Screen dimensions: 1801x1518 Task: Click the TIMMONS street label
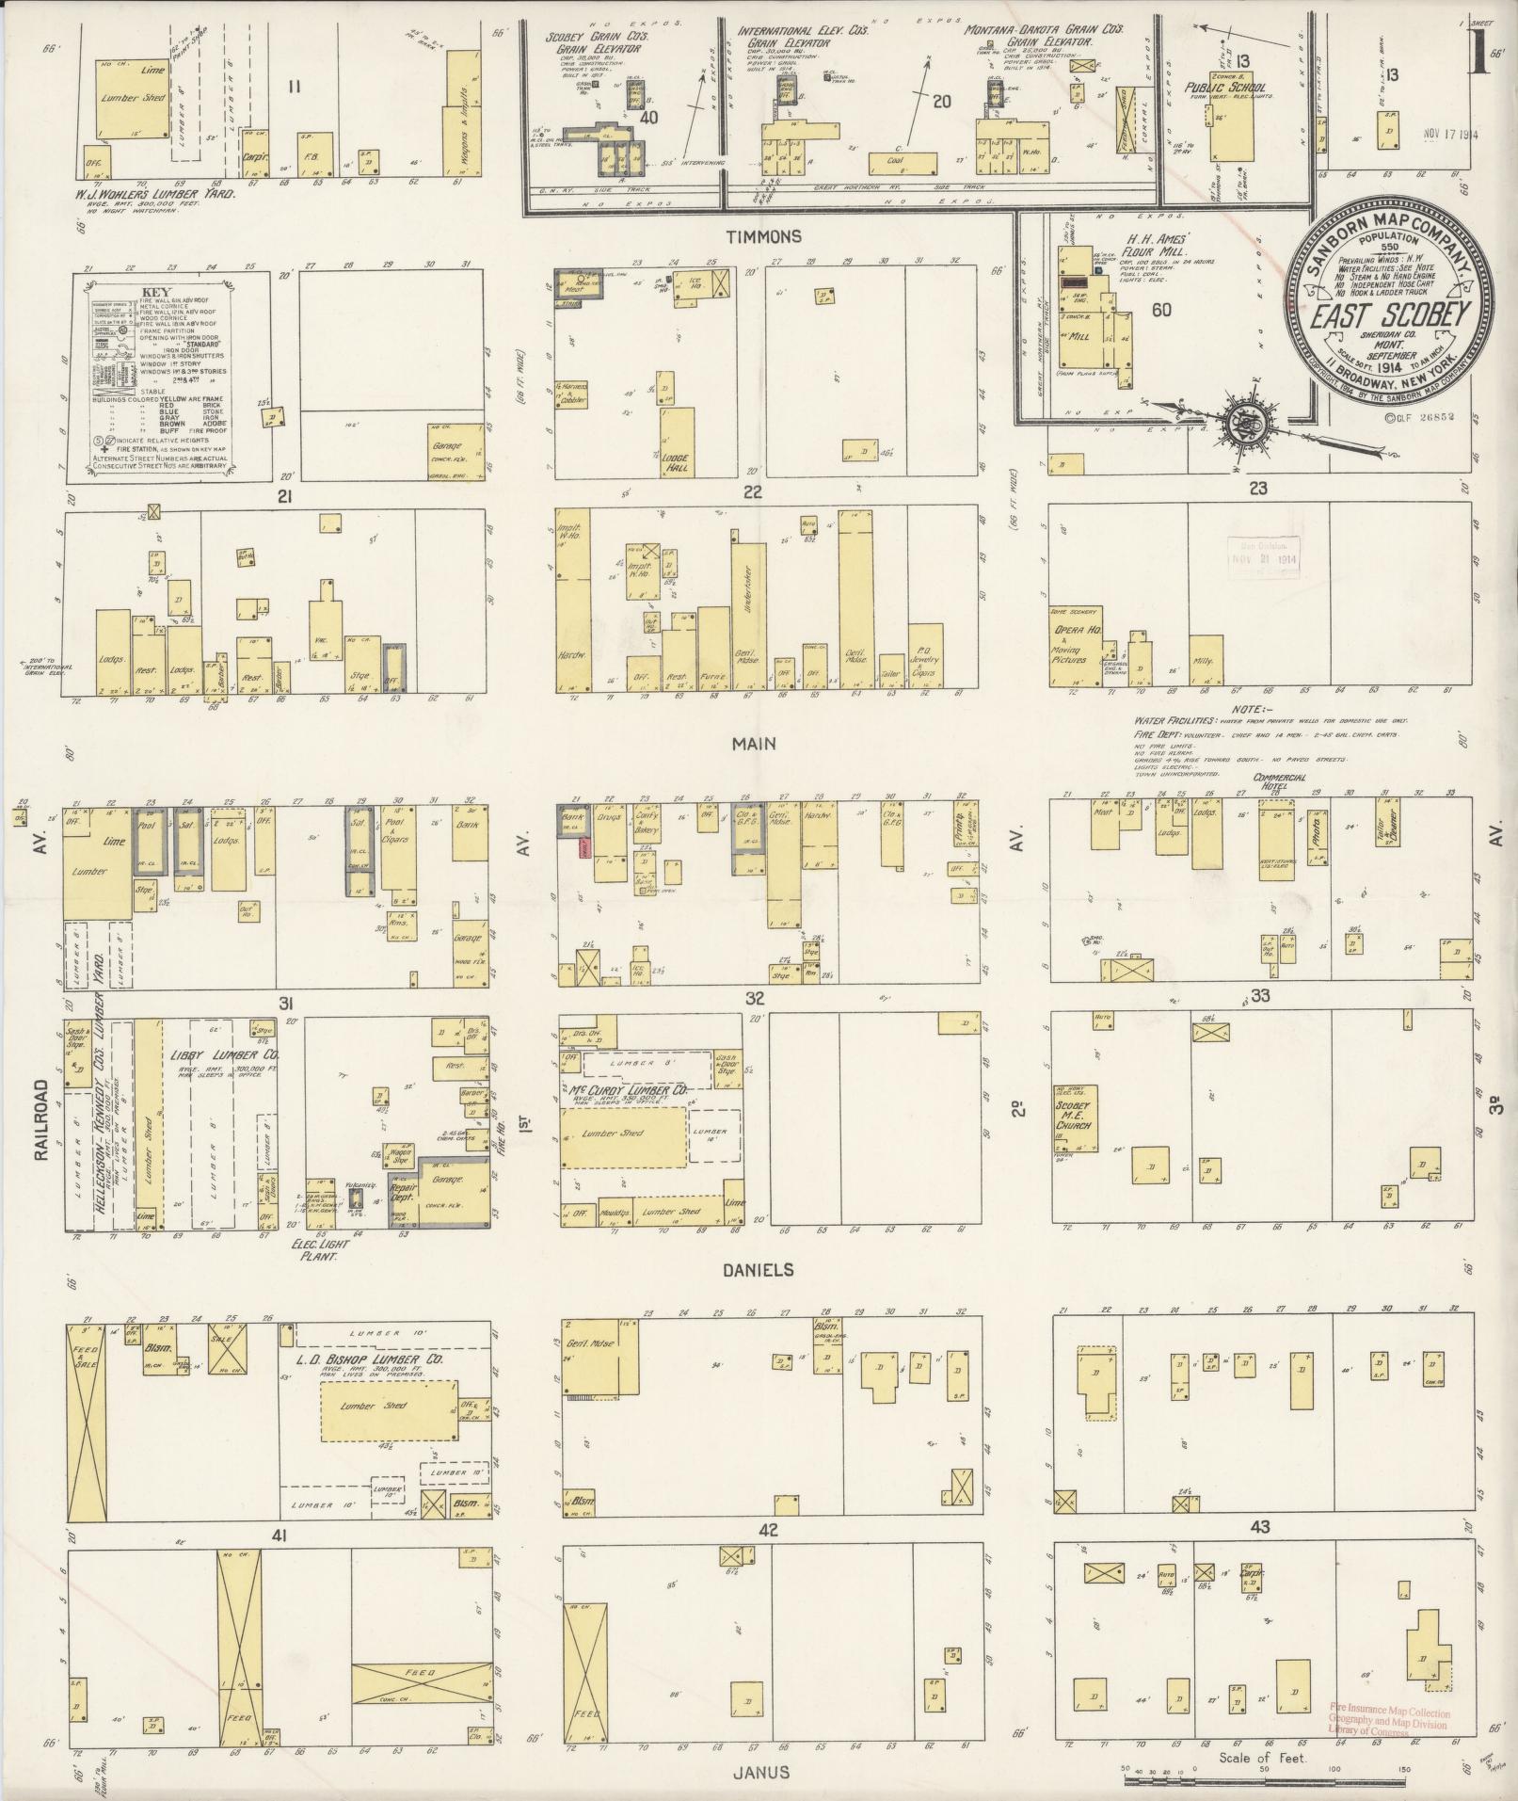coord(769,236)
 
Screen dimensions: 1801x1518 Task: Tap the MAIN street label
coord(755,744)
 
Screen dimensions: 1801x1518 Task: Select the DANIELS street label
coord(759,1269)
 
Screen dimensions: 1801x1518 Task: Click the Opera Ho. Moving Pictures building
coord(1075,644)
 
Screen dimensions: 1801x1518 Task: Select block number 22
coord(752,491)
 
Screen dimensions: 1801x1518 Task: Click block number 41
coord(279,1536)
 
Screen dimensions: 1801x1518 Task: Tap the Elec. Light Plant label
coord(321,1249)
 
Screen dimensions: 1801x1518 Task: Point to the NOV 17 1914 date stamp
coord(1450,134)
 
